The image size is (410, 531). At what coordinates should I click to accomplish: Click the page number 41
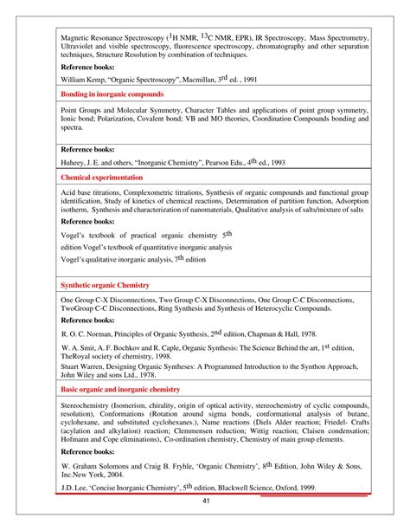coord(206,502)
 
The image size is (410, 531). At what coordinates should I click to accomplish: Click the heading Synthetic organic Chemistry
coord(105,285)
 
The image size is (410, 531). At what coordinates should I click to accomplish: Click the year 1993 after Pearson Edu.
coord(282,162)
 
